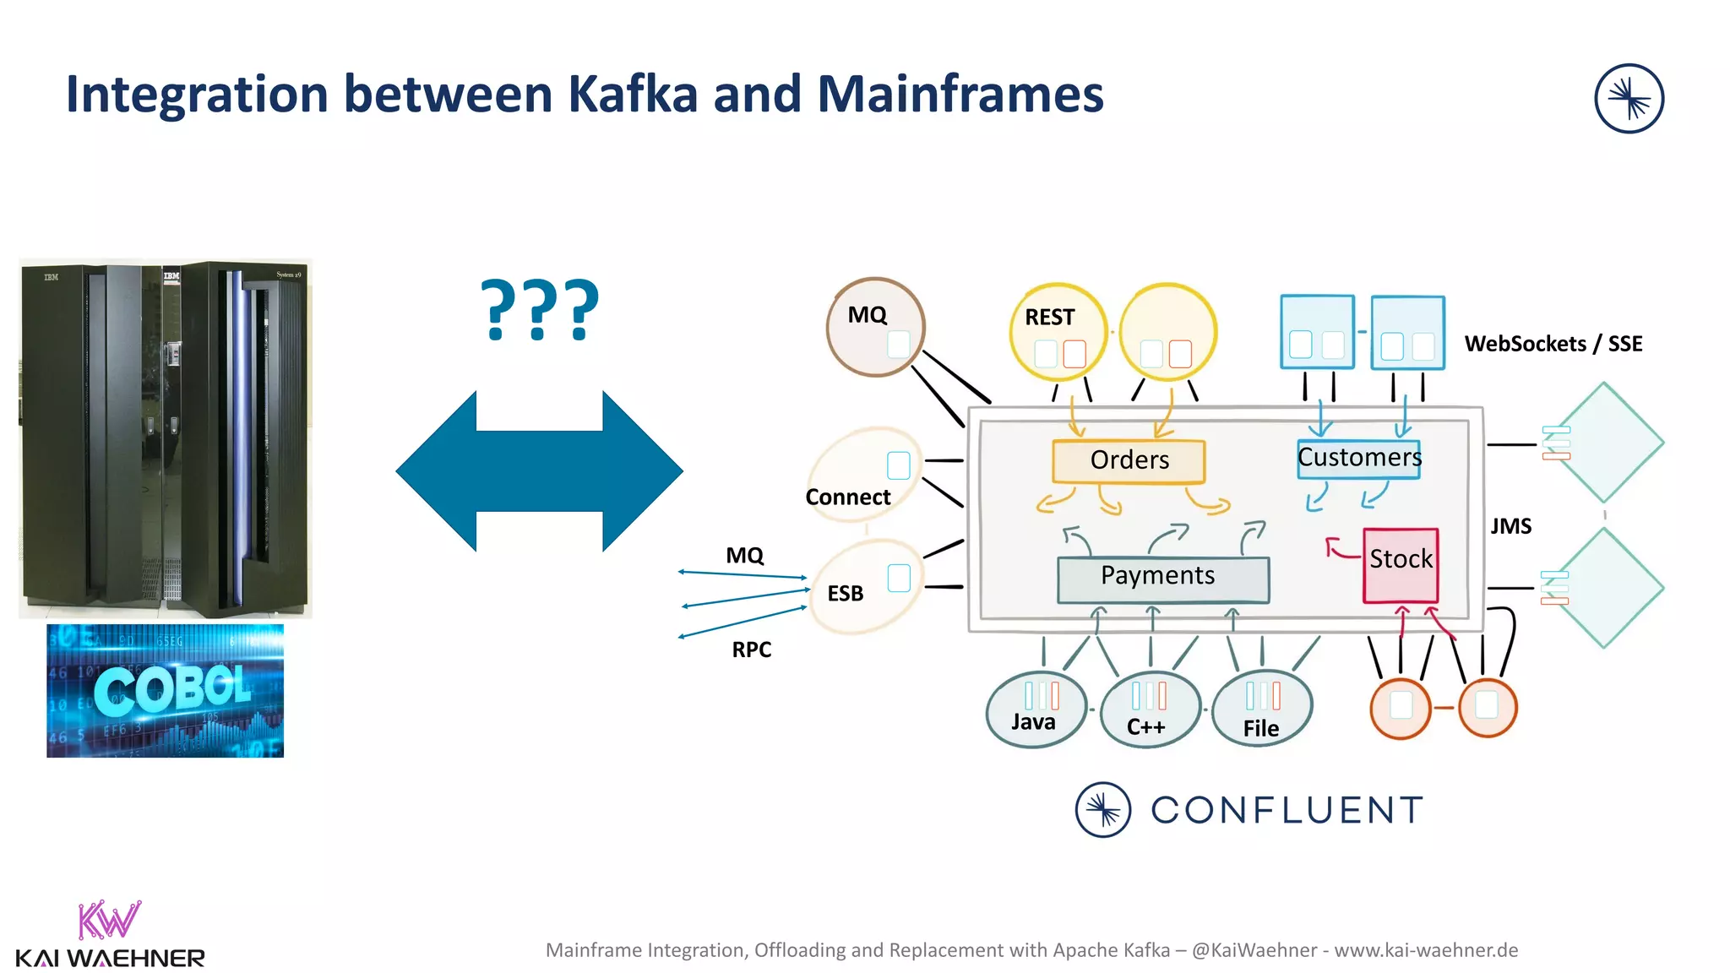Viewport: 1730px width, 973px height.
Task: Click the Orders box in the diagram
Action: click(x=1129, y=460)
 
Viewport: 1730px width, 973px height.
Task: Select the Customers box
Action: click(x=1358, y=458)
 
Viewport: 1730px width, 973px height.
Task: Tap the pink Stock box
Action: click(x=1401, y=564)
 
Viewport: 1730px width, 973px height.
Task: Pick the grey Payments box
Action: click(x=1162, y=579)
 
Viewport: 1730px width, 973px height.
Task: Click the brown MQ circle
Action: click(x=874, y=326)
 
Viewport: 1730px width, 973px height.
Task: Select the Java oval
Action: click(x=1035, y=710)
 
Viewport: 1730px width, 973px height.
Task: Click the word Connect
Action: click(x=847, y=497)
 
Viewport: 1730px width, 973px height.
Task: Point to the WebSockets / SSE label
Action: click(x=1553, y=344)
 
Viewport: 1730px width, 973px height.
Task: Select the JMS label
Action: click(x=1510, y=526)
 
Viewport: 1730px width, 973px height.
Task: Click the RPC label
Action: click(x=751, y=650)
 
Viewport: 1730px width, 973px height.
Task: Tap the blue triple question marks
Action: click(x=540, y=310)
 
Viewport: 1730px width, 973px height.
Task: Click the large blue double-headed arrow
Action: click(x=539, y=471)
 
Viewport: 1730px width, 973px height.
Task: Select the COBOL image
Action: click(x=166, y=691)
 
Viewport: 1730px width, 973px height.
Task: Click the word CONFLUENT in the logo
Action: click(x=1287, y=810)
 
